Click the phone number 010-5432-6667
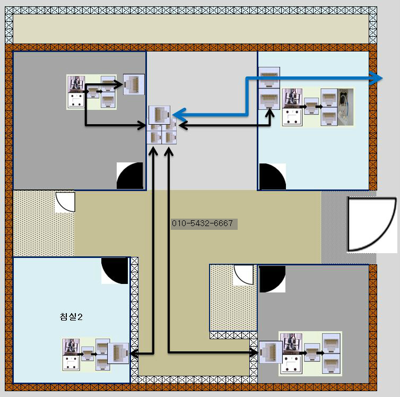(202, 223)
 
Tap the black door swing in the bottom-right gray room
(271, 278)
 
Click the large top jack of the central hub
(159, 115)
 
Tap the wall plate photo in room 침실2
(71, 355)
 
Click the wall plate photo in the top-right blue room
(292, 107)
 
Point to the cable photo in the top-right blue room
(345, 106)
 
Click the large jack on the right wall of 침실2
(118, 353)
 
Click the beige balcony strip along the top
(190, 29)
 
